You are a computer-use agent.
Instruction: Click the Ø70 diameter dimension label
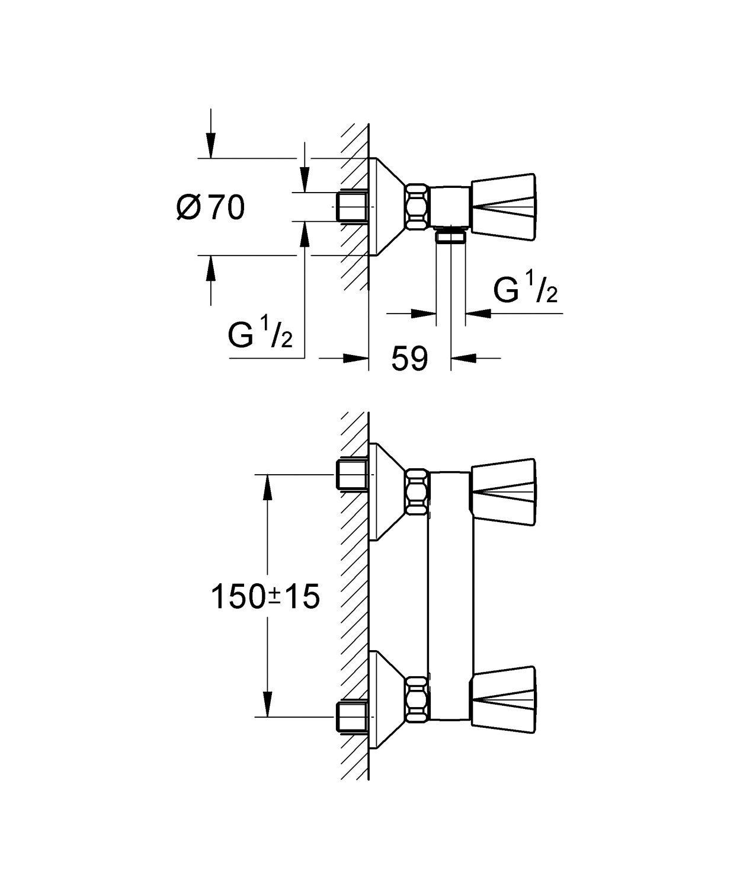coord(210,208)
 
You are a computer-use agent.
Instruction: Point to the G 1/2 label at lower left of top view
coord(260,331)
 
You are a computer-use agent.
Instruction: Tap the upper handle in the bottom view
coord(502,492)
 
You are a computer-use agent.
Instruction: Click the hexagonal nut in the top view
coord(417,207)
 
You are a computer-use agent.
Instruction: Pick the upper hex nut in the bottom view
coord(417,492)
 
